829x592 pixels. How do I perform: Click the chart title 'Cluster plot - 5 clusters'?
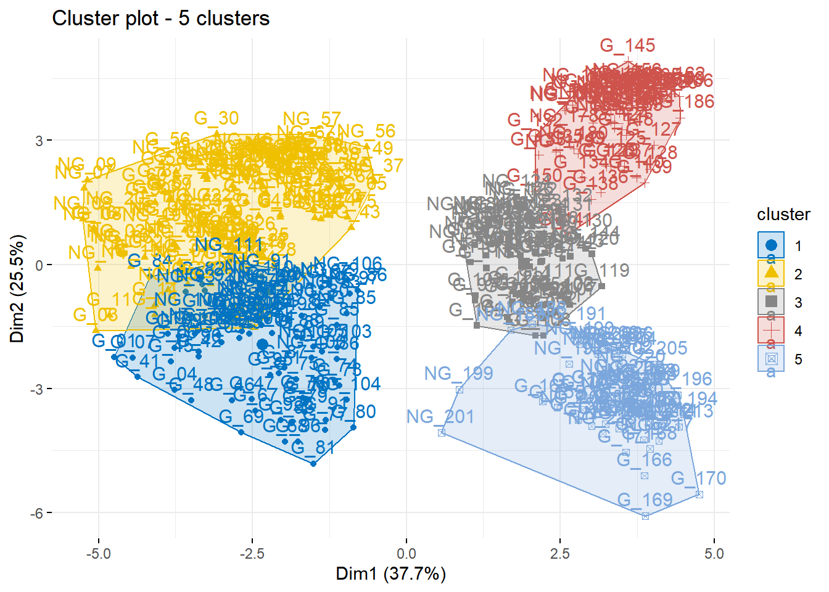160,18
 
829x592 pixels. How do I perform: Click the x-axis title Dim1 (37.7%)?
390,574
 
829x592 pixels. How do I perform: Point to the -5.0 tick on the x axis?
98,554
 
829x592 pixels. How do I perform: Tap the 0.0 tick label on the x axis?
406,554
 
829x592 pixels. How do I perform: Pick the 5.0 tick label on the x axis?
714,554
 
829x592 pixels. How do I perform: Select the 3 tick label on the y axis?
40,141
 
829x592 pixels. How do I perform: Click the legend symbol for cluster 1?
771,245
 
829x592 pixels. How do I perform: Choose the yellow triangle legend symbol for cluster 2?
771,273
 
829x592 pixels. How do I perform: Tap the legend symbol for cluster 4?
771,331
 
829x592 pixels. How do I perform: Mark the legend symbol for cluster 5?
771,359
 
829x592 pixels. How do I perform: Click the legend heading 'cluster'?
783,215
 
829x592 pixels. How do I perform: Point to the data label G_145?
627,46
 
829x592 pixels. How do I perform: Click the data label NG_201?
440,417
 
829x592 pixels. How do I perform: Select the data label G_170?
698,479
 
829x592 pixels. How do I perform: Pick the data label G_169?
645,500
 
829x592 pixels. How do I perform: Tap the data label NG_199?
458,374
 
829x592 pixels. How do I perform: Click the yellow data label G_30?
216,118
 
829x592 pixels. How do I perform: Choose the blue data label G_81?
313,448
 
